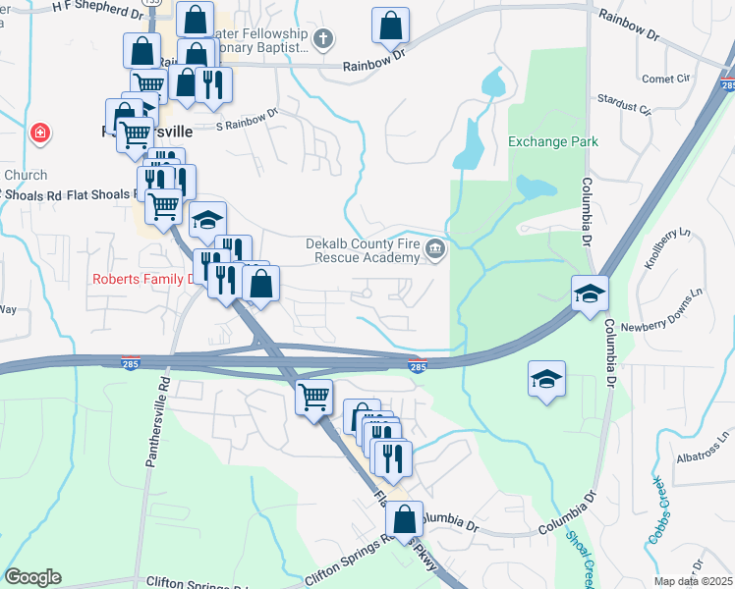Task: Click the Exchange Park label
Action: [552, 141]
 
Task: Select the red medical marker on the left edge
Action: [39, 133]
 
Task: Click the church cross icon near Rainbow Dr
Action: [323, 39]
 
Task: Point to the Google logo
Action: [32, 577]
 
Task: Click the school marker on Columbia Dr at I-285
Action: [590, 293]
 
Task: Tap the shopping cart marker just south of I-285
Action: [313, 397]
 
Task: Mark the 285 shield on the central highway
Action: [417, 366]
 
